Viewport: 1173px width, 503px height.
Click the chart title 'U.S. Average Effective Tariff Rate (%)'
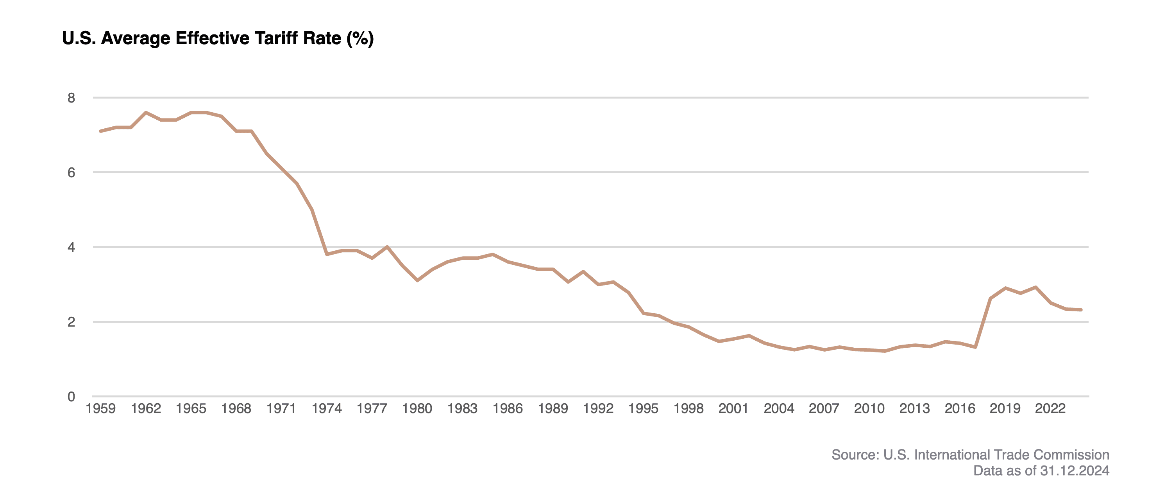pos(218,38)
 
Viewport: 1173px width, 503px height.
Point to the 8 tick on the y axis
pos(72,98)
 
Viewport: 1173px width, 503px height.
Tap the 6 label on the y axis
pos(72,172)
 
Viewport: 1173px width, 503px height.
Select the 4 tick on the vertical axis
pos(72,248)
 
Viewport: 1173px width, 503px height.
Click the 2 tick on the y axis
pos(72,322)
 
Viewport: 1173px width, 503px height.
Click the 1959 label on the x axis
pos(101,408)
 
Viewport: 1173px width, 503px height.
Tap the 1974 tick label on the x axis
pos(327,408)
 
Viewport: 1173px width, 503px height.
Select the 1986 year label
pos(507,408)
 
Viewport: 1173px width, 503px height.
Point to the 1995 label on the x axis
pos(643,408)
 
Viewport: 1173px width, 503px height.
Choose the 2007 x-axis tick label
pos(824,408)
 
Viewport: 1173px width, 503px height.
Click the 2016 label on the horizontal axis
pos(959,408)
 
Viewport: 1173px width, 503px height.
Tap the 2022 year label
pos(1050,408)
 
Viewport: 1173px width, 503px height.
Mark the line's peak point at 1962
pos(146,112)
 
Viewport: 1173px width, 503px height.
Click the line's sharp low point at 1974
pos(327,254)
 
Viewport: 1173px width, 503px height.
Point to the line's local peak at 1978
pos(387,247)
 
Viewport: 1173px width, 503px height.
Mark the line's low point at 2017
pos(975,347)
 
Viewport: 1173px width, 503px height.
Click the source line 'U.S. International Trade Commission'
pos(970,455)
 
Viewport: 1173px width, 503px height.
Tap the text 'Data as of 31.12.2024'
pos(1041,471)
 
